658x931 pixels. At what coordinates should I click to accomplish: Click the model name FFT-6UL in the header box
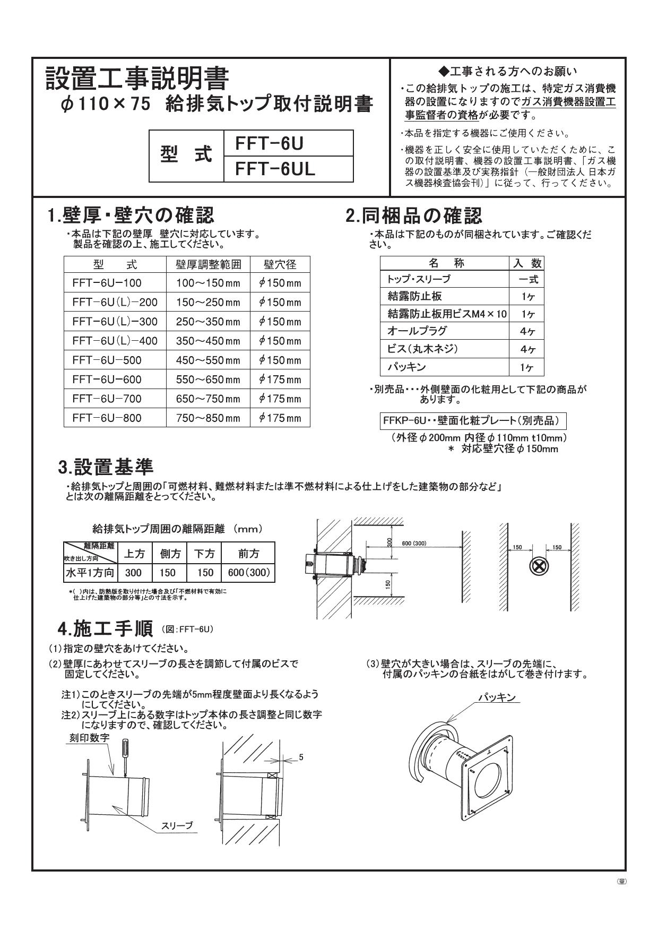275,169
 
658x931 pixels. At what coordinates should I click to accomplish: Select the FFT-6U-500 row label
107,360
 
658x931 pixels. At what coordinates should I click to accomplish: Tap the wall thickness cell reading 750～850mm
208,418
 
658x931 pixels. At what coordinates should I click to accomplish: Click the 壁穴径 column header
280,264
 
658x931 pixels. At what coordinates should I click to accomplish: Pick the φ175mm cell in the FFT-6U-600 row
280,380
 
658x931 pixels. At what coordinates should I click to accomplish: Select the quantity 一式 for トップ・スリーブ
527,279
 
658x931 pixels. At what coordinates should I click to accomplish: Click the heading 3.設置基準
106,467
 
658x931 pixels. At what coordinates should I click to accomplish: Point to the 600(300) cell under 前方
248,573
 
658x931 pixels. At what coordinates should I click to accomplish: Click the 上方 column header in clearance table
134,554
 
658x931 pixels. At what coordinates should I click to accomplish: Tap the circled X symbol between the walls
539,567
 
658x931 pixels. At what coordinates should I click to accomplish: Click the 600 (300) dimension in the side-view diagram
414,544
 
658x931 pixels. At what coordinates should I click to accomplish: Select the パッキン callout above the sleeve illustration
497,697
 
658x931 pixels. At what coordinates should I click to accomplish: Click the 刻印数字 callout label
89,738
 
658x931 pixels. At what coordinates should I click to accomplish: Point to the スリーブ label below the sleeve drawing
177,826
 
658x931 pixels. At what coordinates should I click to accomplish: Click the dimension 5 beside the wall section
301,757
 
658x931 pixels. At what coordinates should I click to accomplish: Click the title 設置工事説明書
137,79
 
